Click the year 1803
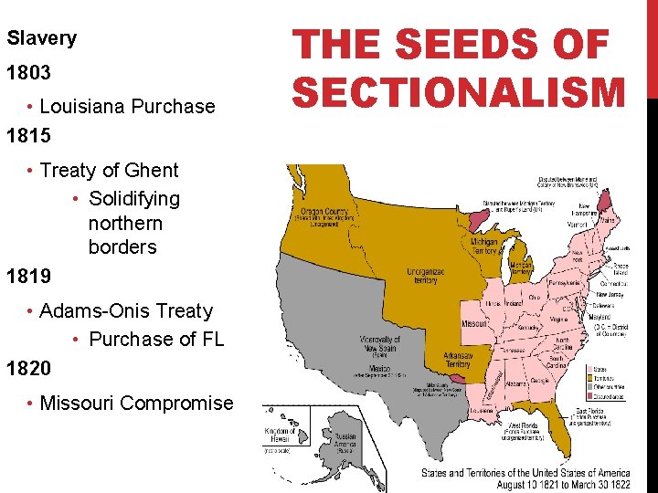(28, 71)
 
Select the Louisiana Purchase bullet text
(127, 106)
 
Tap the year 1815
(28, 137)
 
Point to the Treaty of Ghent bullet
(109, 170)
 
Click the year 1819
(28, 275)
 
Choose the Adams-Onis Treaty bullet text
(125, 310)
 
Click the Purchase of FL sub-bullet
(156, 339)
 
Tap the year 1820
(28, 369)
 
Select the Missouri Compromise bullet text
(136, 403)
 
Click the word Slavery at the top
(42, 38)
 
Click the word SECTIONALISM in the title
(460, 91)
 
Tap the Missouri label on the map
(474, 324)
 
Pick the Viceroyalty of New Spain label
(379, 344)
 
